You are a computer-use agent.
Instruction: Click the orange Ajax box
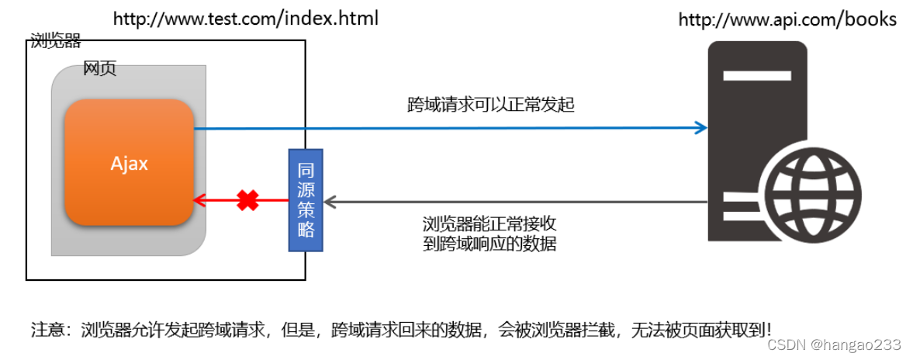[x=129, y=162]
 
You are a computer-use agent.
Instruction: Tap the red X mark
[x=247, y=201]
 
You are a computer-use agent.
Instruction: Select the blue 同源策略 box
[x=306, y=199]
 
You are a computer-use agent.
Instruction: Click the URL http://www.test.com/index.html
[x=247, y=19]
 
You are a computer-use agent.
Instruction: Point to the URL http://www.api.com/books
[x=787, y=20]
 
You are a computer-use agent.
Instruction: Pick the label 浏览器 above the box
[x=55, y=40]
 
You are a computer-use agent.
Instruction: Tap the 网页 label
[x=99, y=69]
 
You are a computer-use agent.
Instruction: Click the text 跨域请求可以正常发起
[x=490, y=105]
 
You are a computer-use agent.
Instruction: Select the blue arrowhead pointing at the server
[x=701, y=128]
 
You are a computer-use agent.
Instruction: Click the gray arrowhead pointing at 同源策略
[x=330, y=202]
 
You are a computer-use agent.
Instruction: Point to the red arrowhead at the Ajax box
[x=199, y=201]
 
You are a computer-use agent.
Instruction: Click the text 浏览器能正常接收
[x=489, y=224]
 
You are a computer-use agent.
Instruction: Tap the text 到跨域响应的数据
[x=489, y=244]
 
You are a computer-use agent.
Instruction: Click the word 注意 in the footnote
[x=46, y=328]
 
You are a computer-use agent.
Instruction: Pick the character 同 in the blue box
[x=306, y=170]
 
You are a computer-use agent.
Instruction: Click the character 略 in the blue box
[x=306, y=230]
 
